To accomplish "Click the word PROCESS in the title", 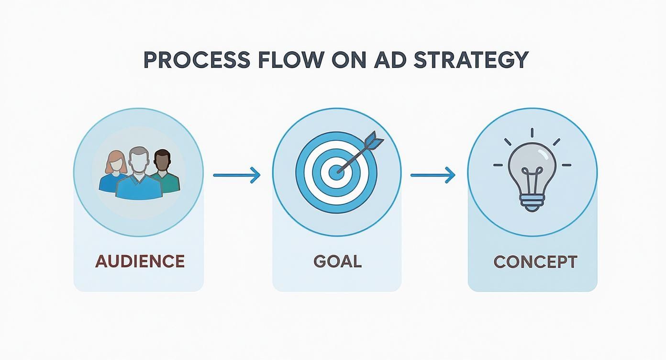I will (x=196, y=60).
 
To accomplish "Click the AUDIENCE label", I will (x=140, y=261).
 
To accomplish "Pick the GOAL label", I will (x=337, y=261).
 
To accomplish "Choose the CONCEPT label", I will (x=535, y=262).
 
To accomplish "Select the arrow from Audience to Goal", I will (x=236, y=175).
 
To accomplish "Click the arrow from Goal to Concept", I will (x=433, y=175).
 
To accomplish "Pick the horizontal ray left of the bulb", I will (x=499, y=165).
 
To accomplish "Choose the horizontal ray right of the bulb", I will (x=566, y=165).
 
